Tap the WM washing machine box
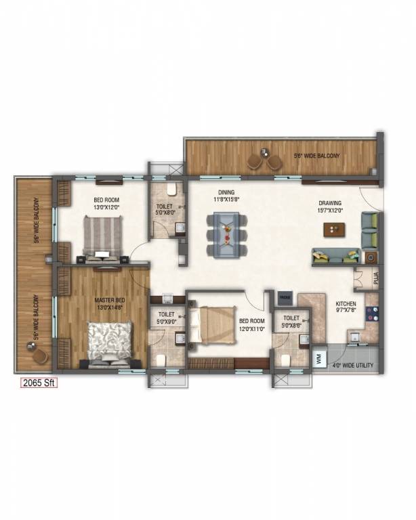[x=319, y=359]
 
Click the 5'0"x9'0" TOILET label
[x=166, y=318]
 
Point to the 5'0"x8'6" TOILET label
[x=291, y=322]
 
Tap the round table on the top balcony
[x=264, y=156]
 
